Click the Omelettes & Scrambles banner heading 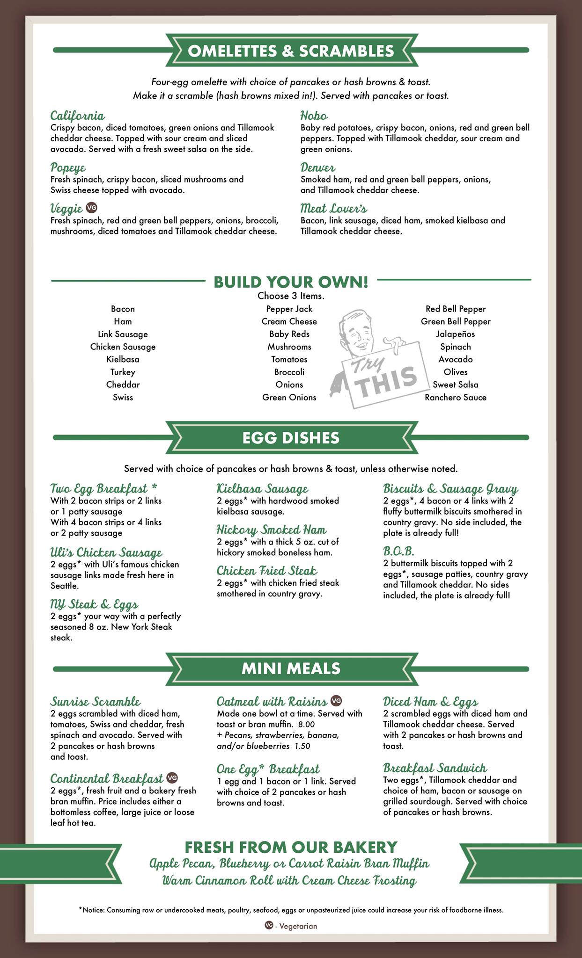click(291, 51)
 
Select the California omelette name click(77, 116)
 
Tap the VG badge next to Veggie click(92, 207)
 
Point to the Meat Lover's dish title click(333, 208)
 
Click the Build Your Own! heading click(291, 282)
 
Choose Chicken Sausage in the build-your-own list click(123, 347)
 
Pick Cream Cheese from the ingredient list click(289, 321)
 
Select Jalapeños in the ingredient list click(455, 334)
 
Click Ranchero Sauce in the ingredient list click(455, 397)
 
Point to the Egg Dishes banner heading click(291, 438)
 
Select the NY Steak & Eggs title click(94, 604)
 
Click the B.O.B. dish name click(398, 551)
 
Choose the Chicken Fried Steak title click(266, 571)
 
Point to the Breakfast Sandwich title click(435, 768)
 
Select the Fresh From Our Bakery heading click(291, 847)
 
